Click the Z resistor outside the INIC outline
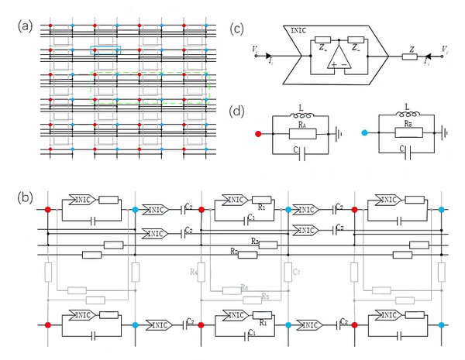[414, 57]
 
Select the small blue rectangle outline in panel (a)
[105, 50]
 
